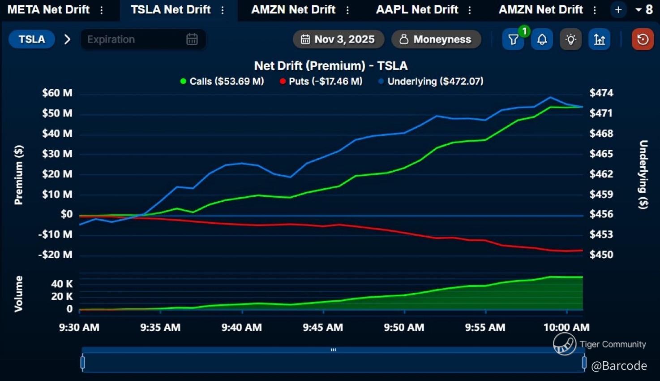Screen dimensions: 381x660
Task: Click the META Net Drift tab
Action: pos(49,9)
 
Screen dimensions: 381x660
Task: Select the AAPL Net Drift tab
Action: pos(417,9)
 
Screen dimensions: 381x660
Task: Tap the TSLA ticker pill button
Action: pos(32,39)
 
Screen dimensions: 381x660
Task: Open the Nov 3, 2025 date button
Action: pos(338,39)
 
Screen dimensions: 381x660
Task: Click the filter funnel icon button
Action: pos(513,40)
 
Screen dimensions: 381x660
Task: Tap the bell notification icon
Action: pos(542,40)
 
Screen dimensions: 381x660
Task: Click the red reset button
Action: pos(643,39)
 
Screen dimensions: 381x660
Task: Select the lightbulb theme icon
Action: pos(570,40)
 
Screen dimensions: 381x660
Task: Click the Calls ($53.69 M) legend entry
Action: pos(222,81)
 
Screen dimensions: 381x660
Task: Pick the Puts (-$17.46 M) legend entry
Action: pos(321,81)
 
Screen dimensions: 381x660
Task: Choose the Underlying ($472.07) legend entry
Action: pos(431,81)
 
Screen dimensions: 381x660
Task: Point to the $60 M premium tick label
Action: pos(57,93)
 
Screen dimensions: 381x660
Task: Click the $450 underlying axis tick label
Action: pos(601,255)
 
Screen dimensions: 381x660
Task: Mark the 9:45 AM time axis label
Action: pos(323,327)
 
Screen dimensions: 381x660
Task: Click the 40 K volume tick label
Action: pos(62,284)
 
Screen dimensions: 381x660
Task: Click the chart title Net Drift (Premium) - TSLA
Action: pos(331,66)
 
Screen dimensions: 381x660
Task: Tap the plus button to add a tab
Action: pos(618,9)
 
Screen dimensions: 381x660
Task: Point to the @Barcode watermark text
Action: pos(619,366)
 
